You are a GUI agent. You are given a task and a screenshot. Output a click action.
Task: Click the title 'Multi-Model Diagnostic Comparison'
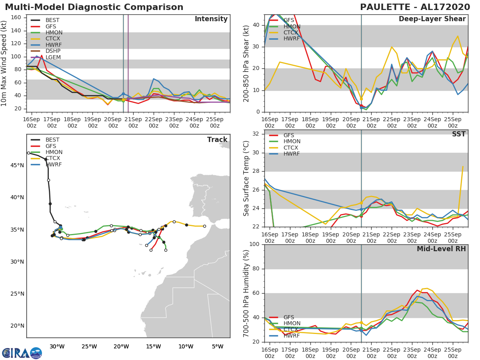[94, 7]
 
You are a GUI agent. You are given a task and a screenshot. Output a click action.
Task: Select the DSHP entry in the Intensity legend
[53, 51]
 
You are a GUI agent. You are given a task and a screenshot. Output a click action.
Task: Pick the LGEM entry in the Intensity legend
[53, 57]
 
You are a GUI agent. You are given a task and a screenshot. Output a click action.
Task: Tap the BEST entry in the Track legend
[52, 140]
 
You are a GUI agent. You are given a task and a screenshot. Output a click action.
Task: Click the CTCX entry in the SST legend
[291, 148]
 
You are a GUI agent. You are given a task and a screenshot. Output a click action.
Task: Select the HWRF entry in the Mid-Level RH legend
[291, 336]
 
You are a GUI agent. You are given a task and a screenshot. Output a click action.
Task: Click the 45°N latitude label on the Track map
[17, 165]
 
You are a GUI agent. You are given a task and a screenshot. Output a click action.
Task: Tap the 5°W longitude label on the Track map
[218, 346]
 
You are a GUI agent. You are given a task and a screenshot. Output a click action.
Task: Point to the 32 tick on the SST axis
[256, 134]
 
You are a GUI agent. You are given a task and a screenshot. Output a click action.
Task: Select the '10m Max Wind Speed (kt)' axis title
[4, 63]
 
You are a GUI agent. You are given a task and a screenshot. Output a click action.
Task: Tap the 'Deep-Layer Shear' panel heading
[432, 19]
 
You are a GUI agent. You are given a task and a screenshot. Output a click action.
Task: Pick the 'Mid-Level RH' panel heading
[441, 249]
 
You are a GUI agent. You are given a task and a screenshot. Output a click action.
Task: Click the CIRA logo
[22, 353]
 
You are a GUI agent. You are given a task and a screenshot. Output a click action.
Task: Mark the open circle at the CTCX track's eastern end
[204, 226]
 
